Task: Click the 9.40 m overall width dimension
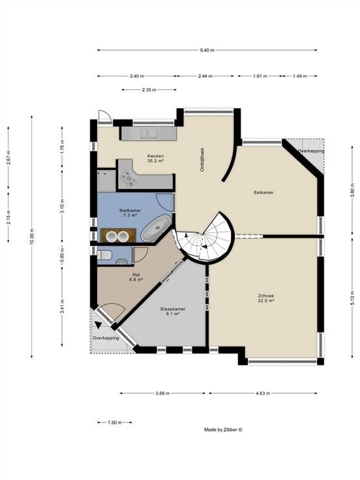coord(207,50)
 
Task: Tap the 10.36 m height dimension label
coord(32,236)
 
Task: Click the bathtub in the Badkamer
coord(156,228)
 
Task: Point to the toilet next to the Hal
coord(104,255)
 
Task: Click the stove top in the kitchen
coord(128,178)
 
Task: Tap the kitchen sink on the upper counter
coord(149,133)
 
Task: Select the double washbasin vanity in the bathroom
coord(118,235)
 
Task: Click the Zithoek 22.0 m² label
coord(265,298)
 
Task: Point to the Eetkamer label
coord(263,192)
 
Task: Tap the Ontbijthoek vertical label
coord(202,159)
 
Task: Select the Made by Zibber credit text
coord(223,430)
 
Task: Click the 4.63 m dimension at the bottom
coord(263,393)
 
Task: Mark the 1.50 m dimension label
coord(115,423)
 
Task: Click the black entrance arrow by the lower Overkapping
coord(98,325)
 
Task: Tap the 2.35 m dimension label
coord(149,90)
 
